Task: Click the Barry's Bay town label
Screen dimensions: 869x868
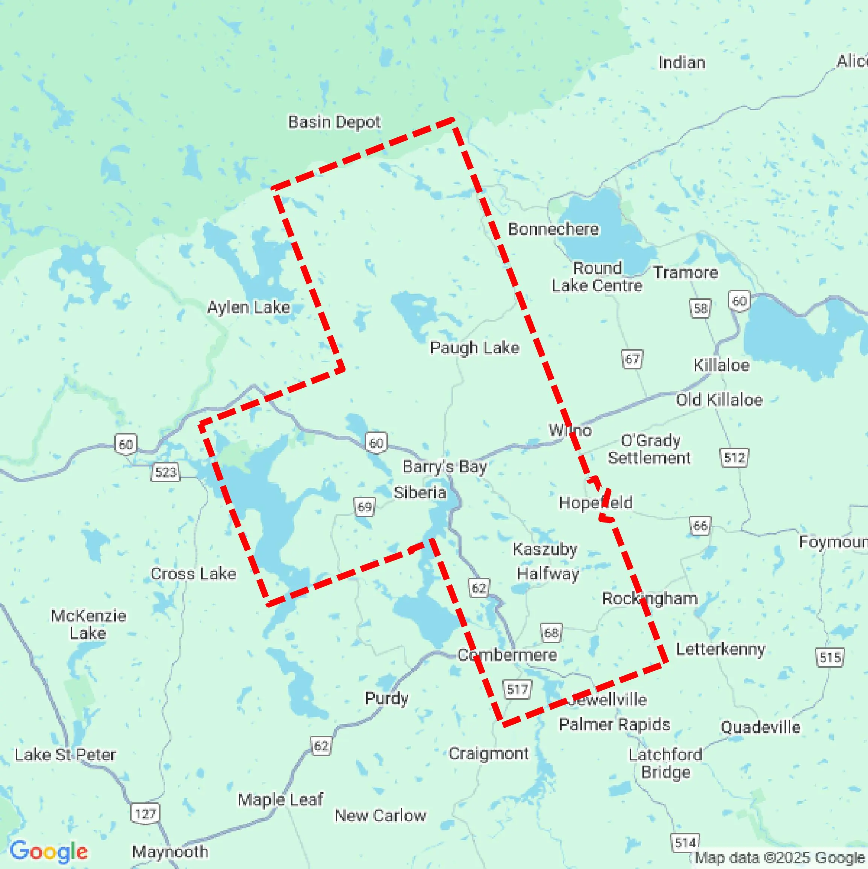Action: (x=444, y=467)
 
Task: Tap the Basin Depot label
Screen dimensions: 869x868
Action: (x=335, y=122)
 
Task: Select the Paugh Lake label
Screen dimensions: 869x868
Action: (x=474, y=348)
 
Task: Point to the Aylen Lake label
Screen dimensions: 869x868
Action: (x=248, y=308)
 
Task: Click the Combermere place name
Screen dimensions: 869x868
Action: (x=507, y=655)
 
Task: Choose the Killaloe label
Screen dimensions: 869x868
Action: (x=721, y=365)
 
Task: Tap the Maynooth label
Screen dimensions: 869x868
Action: (x=170, y=851)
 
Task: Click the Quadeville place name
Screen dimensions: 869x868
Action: (x=760, y=727)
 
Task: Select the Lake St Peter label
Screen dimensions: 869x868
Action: (x=65, y=755)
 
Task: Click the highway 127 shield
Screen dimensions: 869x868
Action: (x=145, y=814)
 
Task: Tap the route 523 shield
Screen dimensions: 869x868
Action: (x=165, y=472)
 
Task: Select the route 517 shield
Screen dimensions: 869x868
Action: (x=517, y=690)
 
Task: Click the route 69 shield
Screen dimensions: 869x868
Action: (x=364, y=507)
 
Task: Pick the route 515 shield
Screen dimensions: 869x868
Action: (x=830, y=658)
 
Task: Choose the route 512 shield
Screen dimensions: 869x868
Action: (x=734, y=458)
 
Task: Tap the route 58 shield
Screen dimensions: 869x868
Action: (x=700, y=308)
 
